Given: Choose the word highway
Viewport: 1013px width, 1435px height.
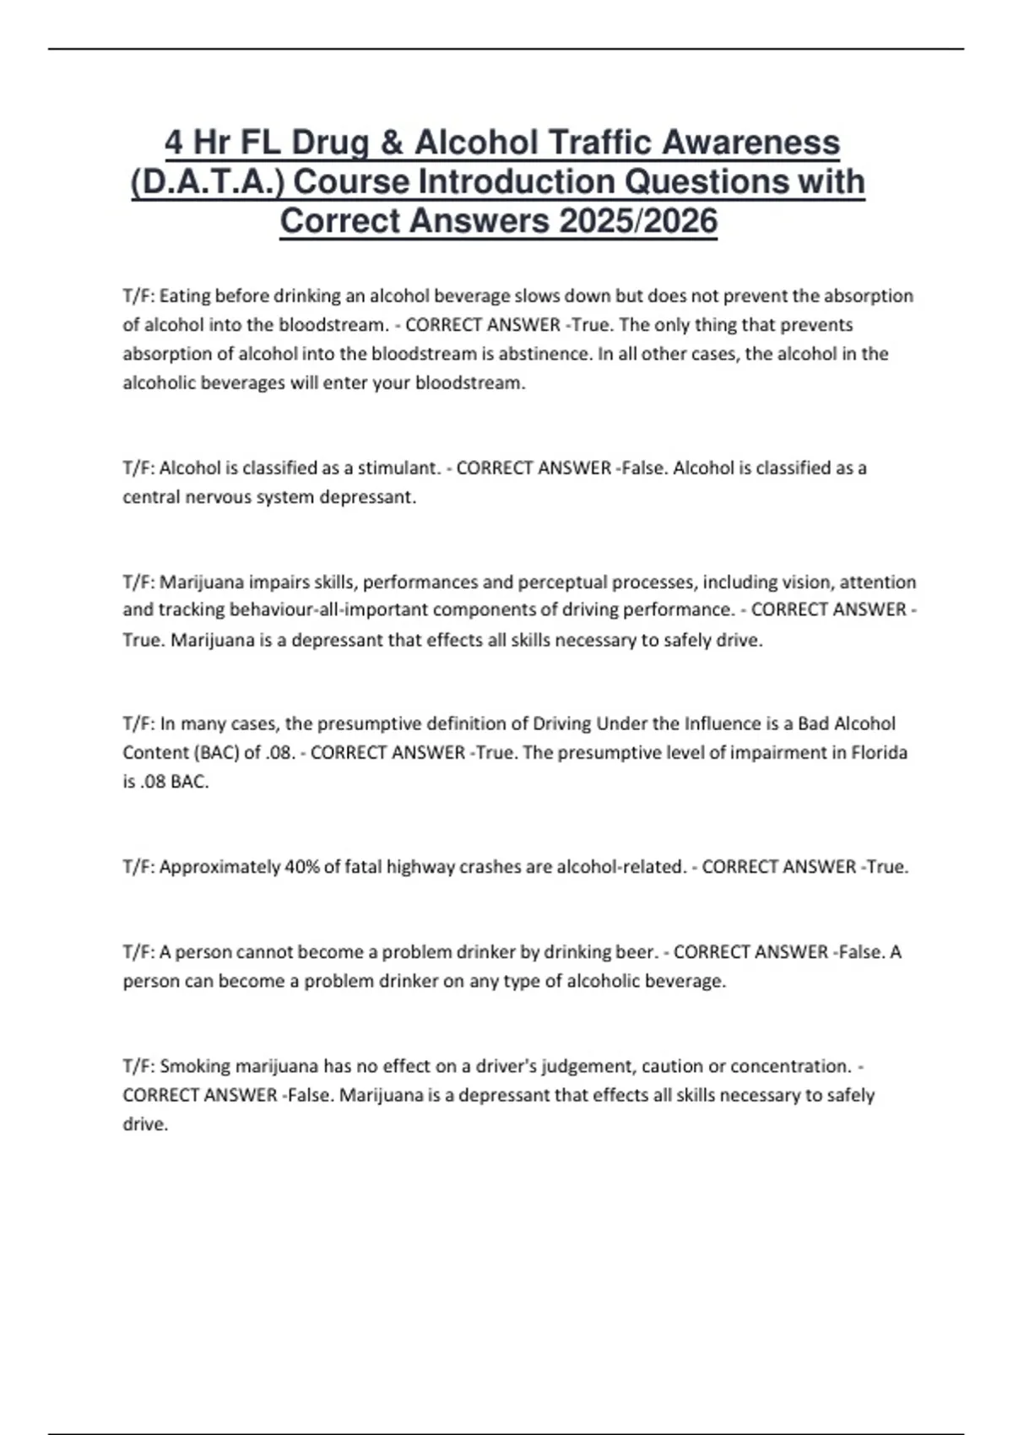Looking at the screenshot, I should (x=420, y=867).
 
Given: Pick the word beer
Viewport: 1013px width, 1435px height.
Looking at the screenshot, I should (x=636, y=952).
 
